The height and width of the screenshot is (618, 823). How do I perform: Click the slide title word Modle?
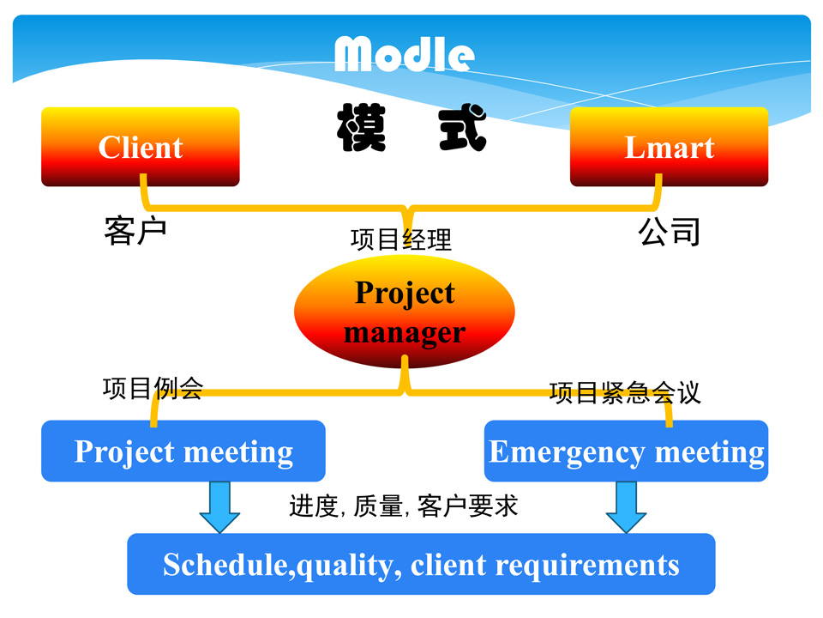click(x=404, y=54)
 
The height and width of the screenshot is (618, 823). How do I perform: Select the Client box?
click(x=141, y=147)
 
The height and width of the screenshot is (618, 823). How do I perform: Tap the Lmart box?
click(x=669, y=147)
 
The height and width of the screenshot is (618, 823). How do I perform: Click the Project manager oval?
click(x=404, y=312)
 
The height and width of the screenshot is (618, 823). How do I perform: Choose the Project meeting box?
click(x=183, y=451)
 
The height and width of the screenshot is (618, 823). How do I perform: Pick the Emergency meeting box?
click(x=626, y=451)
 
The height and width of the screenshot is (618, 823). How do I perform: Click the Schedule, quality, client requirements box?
click(x=421, y=565)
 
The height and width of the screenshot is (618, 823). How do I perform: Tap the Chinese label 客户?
click(x=135, y=231)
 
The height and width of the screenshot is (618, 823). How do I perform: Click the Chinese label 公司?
click(x=670, y=231)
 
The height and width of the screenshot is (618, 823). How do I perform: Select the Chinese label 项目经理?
click(x=401, y=239)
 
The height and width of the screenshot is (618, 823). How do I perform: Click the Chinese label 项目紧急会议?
click(x=625, y=392)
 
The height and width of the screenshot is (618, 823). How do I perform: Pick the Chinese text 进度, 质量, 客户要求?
click(x=404, y=506)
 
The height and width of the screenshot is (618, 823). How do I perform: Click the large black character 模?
click(x=360, y=129)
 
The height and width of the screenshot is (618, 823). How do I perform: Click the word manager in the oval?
click(x=405, y=332)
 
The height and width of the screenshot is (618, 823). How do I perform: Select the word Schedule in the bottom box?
click(x=225, y=565)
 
